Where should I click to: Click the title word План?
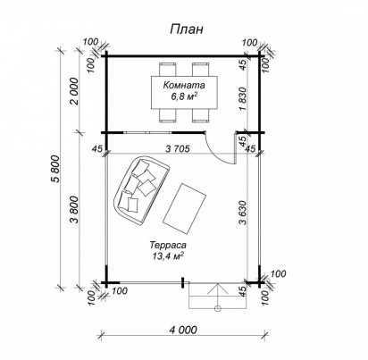pos(187,29)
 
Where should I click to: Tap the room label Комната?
pos(184,85)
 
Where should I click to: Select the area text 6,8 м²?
pos(184,96)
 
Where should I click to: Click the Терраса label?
pos(168,245)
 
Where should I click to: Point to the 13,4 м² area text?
pos(168,255)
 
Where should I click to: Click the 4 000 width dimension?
pos(183,330)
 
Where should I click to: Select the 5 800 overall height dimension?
pos(56,169)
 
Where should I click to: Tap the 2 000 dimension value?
pos(74,91)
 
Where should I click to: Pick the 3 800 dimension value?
pos(74,210)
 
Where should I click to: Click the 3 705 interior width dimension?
pos(178,148)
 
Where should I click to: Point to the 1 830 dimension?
pos(243,99)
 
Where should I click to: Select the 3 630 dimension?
pos(243,213)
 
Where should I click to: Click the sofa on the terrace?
pos(141,190)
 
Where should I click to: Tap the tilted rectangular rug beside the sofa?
pos(185,209)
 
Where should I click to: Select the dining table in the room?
pos(184,93)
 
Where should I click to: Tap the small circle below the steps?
pos(218,308)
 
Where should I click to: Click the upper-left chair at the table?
pos(168,70)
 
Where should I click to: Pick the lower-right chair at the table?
pos(201,115)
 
